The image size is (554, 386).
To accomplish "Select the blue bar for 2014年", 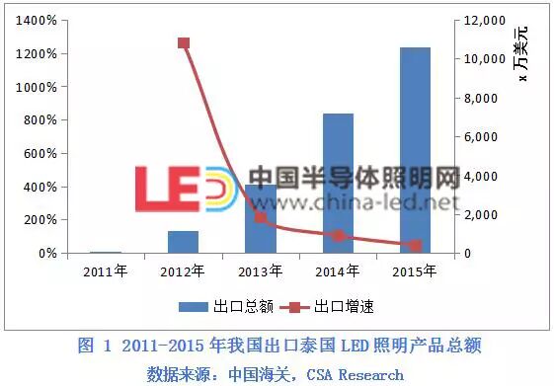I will [x=338, y=184].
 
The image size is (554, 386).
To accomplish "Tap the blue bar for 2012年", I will [x=183, y=242].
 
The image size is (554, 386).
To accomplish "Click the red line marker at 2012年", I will [x=184, y=43].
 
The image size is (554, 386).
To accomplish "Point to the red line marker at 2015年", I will [x=416, y=245].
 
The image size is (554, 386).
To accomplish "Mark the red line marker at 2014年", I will [x=339, y=236].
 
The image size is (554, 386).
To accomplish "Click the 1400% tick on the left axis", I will [x=35, y=21].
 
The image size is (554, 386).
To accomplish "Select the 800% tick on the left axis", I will [x=38, y=120].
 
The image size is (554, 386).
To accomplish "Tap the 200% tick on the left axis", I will [x=38, y=220].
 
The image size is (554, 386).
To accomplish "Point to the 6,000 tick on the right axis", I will [x=482, y=137].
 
